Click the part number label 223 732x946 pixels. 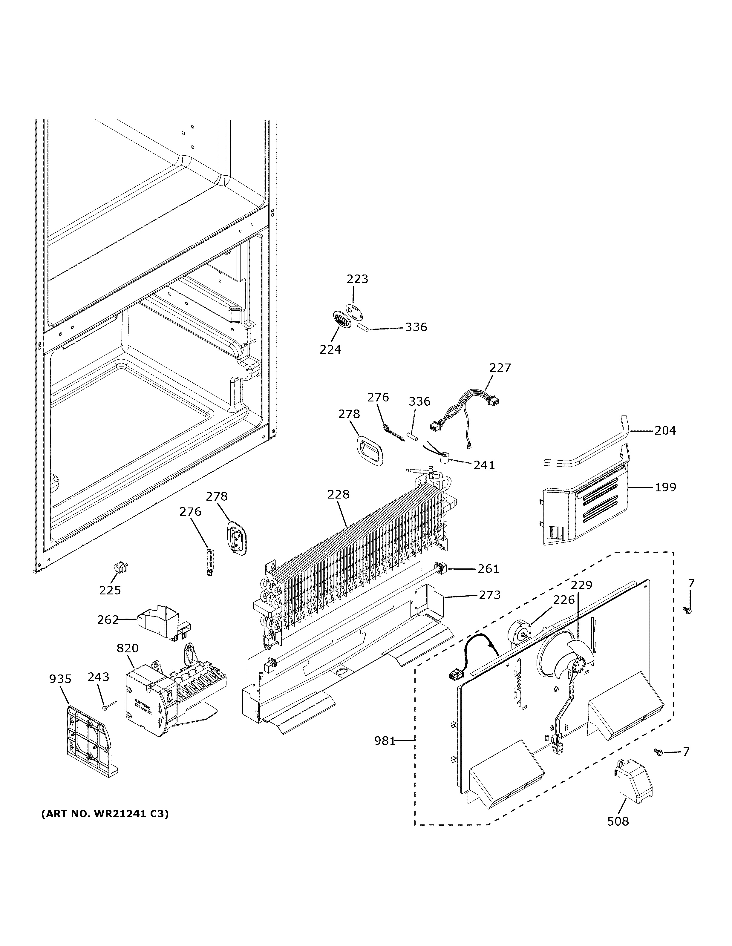[x=357, y=279]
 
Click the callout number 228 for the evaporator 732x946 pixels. [x=338, y=494]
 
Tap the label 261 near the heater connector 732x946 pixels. [x=488, y=569]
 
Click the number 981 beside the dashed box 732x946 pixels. [x=385, y=741]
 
